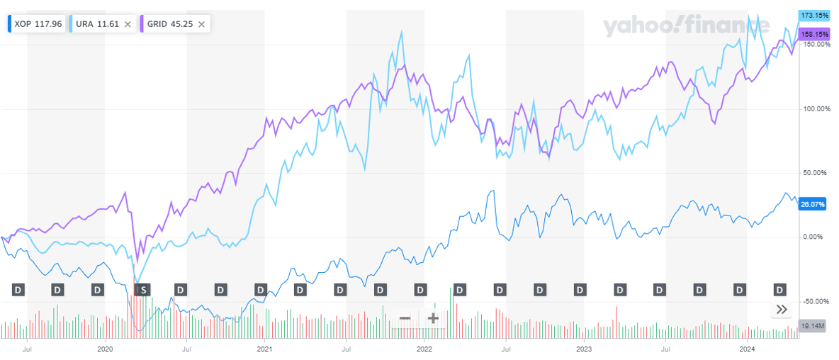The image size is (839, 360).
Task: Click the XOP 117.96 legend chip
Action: pos(38,24)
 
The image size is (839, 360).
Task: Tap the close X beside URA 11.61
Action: pos(128,24)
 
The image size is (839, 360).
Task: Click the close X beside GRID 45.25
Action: pos(201,24)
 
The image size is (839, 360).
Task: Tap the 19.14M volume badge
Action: pos(811,325)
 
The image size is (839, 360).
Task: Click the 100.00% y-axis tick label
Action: pos(815,109)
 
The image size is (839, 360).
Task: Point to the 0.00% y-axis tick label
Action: pos(817,237)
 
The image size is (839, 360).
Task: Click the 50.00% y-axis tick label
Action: pos(816,173)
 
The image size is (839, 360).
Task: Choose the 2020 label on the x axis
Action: pos(105,349)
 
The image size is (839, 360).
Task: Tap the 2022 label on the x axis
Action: pos(424,349)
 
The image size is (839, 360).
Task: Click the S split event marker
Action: pos(143,289)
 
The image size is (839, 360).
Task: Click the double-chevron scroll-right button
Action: pos(782,310)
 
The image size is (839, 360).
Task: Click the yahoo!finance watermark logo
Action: pos(686,27)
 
